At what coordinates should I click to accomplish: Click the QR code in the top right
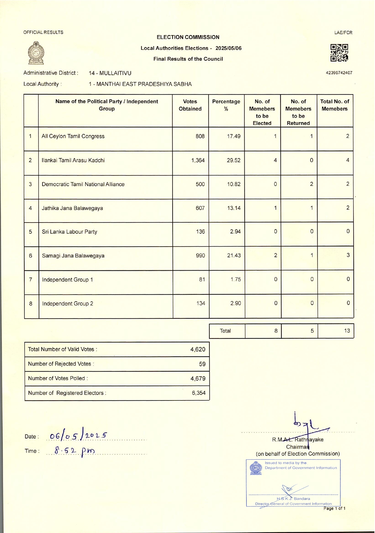pyautogui.click(x=339, y=53)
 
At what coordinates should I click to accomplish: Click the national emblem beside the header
pyautogui.click(x=36, y=53)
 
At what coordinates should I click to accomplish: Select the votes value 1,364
pyautogui.click(x=198, y=160)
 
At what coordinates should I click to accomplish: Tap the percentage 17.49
pyautogui.click(x=233, y=136)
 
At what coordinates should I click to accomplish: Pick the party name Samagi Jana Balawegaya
pyautogui.click(x=73, y=256)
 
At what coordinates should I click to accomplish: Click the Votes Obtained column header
pyautogui.click(x=190, y=105)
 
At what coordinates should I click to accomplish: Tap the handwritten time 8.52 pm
pyautogui.click(x=74, y=450)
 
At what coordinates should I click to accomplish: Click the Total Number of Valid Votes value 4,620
pyautogui.click(x=198, y=349)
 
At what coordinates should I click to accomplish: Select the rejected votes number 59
pyautogui.click(x=202, y=364)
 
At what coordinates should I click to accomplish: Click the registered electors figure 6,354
pyautogui.click(x=198, y=393)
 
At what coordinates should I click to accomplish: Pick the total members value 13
pyautogui.click(x=347, y=331)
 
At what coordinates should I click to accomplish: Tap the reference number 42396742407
pyautogui.click(x=339, y=73)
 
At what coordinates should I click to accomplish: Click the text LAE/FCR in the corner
pyautogui.click(x=343, y=33)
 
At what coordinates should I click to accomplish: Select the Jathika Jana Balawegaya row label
pyautogui.click(x=72, y=208)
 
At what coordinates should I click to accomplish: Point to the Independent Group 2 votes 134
pyautogui.click(x=201, y=303)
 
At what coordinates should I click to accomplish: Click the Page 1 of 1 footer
pyautogui.click(x=334, y=508)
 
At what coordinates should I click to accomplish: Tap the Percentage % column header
pyautogui.click(x=226, y=105)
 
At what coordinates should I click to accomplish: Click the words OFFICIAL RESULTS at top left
pyautogui.click(x=43, y=32)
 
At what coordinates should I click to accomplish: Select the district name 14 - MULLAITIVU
pyautogui.click(x=110, y=73)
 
